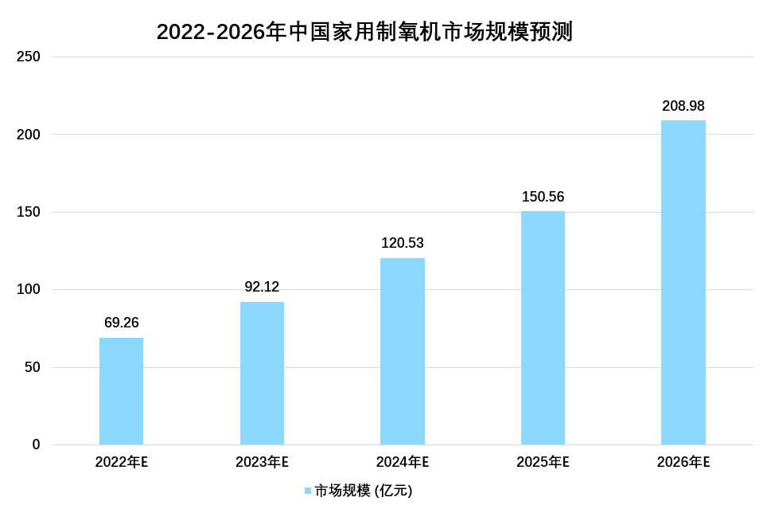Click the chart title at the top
364,32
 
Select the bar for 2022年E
121,391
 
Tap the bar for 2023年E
262,373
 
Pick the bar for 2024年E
403,351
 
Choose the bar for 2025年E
543,327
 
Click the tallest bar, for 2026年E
683,282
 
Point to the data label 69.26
121,323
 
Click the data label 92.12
262,287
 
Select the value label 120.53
403,243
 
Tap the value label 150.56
543,197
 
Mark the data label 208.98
683,106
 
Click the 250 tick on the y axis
29,57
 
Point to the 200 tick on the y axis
29,135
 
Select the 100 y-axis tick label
29,290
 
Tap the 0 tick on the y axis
36,444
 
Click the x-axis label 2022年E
121,462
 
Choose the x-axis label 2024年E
403,462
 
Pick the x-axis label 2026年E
683,462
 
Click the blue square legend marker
308,491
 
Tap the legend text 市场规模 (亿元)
364,491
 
